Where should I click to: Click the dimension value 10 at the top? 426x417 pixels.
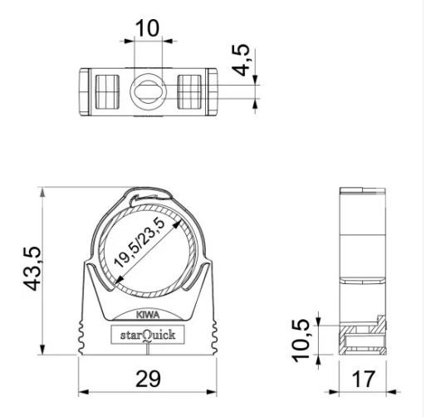pos(147,28)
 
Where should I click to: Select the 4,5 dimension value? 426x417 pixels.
pos(241,60)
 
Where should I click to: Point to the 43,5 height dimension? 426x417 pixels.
pos(32,268)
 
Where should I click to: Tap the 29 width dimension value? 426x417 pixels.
pos(148,379)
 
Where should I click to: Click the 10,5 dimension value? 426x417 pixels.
pos(301,341)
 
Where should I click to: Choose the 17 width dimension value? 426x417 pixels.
pos(364,379)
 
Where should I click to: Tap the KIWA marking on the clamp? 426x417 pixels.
pos(148,315)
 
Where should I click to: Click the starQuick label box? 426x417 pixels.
pos(148,335)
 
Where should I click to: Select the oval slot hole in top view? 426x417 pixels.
pos(148,91)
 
